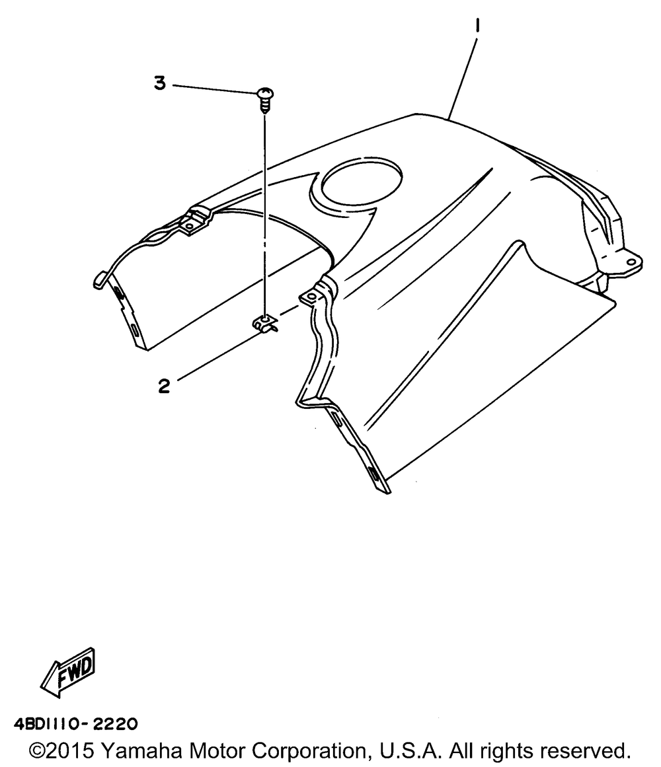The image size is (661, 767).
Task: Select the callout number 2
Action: [163, 386]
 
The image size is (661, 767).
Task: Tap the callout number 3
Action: [159, 84]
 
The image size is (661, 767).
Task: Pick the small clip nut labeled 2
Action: [266, 324]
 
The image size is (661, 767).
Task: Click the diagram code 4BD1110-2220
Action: [75, 724]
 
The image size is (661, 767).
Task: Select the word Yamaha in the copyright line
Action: [143, 751]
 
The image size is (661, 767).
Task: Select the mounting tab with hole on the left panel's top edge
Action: [192, 223]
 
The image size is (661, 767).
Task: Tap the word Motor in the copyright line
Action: [218, 751]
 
